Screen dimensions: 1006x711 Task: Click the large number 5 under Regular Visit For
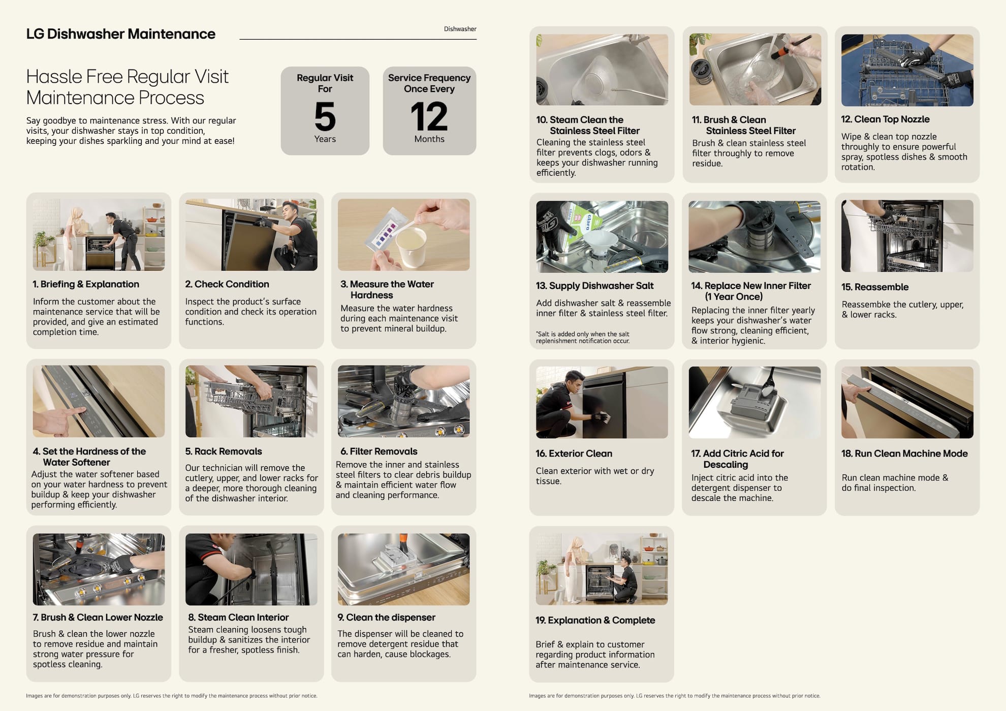coord(325,116)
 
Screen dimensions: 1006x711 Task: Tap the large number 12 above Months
coord(429,116)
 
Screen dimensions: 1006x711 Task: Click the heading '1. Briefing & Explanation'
coord(86,284)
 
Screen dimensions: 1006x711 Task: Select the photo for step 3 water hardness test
coord(403,235)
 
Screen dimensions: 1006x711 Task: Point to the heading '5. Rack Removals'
coord(224,451)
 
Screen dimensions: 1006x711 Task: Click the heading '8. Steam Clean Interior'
coord(238,618)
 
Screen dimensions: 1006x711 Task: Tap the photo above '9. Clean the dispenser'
coord(403,569)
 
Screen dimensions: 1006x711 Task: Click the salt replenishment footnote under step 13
coord(583,338)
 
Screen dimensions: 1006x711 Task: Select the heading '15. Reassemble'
coord(875,287)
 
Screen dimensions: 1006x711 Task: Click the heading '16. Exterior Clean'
coord(574,454)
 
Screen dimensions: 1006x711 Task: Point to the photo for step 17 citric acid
coord(755,402)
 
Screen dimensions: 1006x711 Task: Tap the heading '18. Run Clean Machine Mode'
coord(904,454)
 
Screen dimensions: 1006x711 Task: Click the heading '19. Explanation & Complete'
coord(595,620)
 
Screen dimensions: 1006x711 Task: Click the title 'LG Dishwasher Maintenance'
coord(121,34)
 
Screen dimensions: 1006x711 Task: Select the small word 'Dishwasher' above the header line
coord(460,29)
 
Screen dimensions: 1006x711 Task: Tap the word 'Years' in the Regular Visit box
coord(325,139)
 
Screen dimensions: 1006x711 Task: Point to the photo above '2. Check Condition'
coord(251,235)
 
